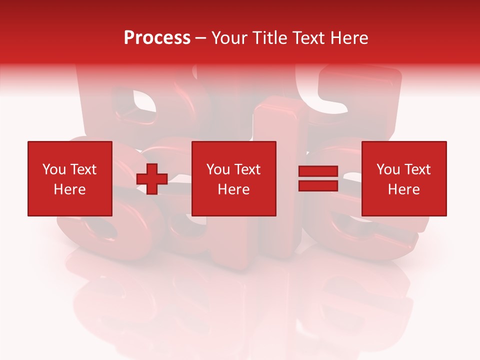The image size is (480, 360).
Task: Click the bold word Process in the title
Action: [157, 38]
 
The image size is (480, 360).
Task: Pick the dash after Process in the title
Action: [201, 38]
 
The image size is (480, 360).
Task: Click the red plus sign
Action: [152, 179]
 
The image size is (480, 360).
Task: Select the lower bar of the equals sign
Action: [318, 185]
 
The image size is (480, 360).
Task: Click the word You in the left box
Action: [54, 169]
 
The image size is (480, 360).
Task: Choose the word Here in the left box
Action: [69, 189]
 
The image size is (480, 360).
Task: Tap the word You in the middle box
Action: [218, 169]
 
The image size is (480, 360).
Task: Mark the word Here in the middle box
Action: [233, 189]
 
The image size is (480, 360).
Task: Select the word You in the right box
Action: [388, 169]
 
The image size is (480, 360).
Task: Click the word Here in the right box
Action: [403, 189]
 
